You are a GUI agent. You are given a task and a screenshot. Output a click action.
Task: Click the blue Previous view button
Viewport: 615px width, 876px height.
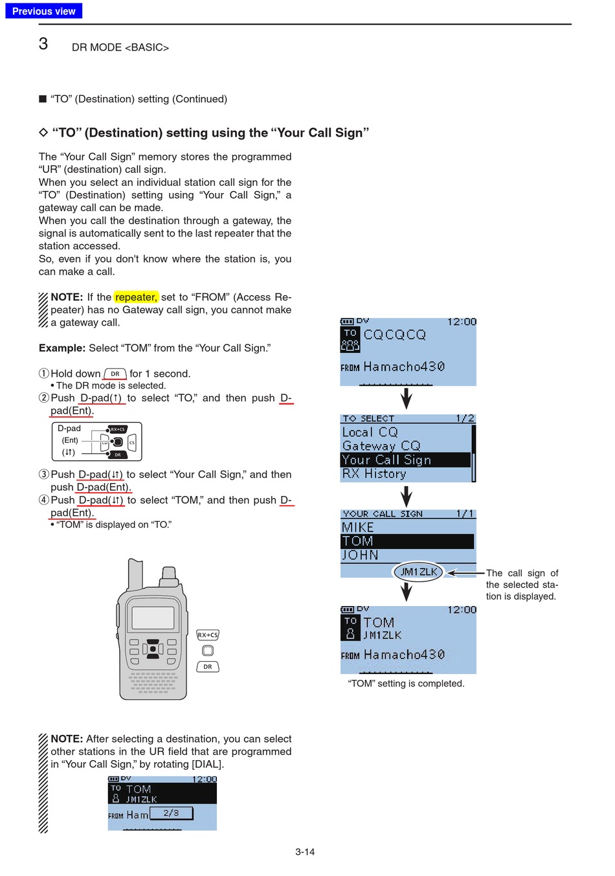coord(43,11)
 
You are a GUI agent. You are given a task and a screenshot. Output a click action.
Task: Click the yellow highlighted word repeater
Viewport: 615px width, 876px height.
coord(136,297)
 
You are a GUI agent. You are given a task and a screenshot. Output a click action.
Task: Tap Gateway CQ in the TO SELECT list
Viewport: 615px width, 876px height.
coord(381,446)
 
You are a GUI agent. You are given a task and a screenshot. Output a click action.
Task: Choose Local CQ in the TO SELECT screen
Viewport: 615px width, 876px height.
coord(370,432)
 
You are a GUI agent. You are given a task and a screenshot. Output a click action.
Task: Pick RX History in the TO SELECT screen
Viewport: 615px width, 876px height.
coord(374,474)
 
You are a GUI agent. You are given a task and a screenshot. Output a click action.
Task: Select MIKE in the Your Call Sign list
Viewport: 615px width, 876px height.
coord(358,527)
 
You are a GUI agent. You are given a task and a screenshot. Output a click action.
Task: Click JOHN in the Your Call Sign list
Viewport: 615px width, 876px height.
coord(360,555)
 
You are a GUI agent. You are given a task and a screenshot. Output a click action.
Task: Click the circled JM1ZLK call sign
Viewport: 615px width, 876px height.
coord(418,572)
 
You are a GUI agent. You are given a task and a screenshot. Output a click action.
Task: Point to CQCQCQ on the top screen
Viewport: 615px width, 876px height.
coord(394,335)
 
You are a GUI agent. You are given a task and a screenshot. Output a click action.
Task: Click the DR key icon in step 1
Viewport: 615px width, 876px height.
coord(115,374)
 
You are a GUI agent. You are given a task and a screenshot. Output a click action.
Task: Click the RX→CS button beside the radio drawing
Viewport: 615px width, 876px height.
coord(208,635)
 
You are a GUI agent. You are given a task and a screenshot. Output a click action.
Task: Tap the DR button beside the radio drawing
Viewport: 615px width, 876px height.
coord(208,667)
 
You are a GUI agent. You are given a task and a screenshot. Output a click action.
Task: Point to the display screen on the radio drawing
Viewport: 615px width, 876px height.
coord(153,617)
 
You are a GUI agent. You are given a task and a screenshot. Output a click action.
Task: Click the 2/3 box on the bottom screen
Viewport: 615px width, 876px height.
coord(171,813)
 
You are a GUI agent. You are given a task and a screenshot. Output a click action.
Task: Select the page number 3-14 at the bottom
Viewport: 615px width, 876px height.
coord(305,852)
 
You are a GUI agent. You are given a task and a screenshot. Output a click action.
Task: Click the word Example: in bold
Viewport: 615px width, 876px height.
coord(62,348)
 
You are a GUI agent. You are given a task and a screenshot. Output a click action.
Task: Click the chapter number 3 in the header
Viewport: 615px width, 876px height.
coord(43,44)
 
